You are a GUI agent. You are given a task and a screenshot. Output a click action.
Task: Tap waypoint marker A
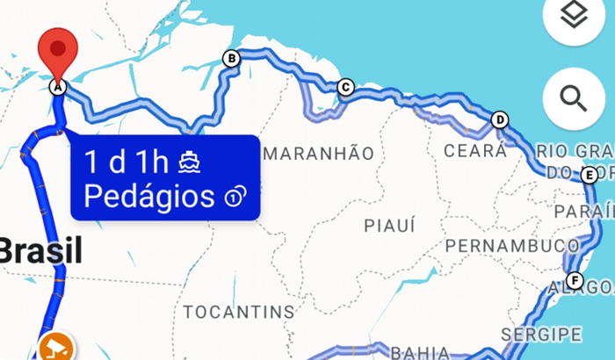click(x=58, y=87)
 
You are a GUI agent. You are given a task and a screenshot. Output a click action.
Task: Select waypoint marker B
click(x=232, y=59)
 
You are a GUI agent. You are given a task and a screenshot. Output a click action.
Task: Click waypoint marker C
click(x=344, y=87)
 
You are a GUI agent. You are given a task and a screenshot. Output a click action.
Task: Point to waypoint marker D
click(x=500, y=120)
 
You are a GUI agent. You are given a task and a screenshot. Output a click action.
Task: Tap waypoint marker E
click(x=590, y=175)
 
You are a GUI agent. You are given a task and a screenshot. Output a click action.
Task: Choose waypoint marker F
click(x=575, y=281)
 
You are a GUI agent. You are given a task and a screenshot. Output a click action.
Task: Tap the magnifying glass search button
click(x=576, y=97)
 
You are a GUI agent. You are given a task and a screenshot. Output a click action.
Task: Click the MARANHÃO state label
click(x=318, y=154)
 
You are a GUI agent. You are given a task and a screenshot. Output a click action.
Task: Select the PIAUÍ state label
click(x=389, y=226)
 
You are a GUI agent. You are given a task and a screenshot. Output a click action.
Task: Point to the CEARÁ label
click(x=475, y=150)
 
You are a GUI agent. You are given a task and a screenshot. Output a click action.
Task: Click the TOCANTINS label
click(x=238, y=312)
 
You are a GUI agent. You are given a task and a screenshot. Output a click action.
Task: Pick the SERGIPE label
click(x=541, y=334)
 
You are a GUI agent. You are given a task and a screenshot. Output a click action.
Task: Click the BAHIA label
click(x=418, y=352)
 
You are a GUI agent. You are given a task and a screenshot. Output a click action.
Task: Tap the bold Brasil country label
click(x=40, y=252)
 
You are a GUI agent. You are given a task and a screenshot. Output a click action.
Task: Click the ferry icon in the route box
click(x=190, y=162)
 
